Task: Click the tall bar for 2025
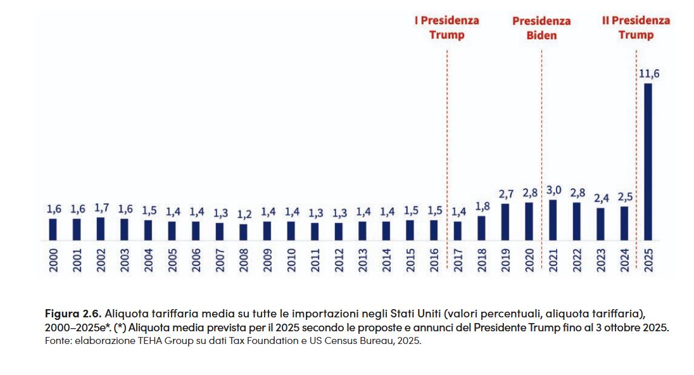[648, 162]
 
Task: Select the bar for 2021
[553, 220]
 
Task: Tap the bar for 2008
[244, 232]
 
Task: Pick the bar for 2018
[481, 228]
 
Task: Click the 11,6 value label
[648, 73]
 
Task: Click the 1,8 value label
[482, 207]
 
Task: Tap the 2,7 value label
[505, 194]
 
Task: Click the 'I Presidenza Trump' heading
[446, 27]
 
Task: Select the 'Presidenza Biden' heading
[541, 28]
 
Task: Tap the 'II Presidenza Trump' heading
[636, 27]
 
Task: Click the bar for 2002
[101, 229]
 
